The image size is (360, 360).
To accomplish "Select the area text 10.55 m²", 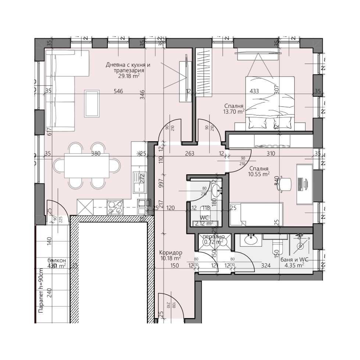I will pos(259,174).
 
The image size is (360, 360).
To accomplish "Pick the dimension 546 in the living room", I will pos(118,91).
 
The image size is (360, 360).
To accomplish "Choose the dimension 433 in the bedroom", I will pos(254,91).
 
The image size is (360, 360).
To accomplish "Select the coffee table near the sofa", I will pos(91,103).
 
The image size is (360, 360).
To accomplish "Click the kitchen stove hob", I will pos(115,207).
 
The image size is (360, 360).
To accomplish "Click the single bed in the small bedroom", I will pos(256,214).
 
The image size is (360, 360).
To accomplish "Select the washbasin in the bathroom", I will pos(252,240).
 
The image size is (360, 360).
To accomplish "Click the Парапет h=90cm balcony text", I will pos(40,291).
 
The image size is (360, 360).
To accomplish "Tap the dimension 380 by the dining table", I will pos(96,154).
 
